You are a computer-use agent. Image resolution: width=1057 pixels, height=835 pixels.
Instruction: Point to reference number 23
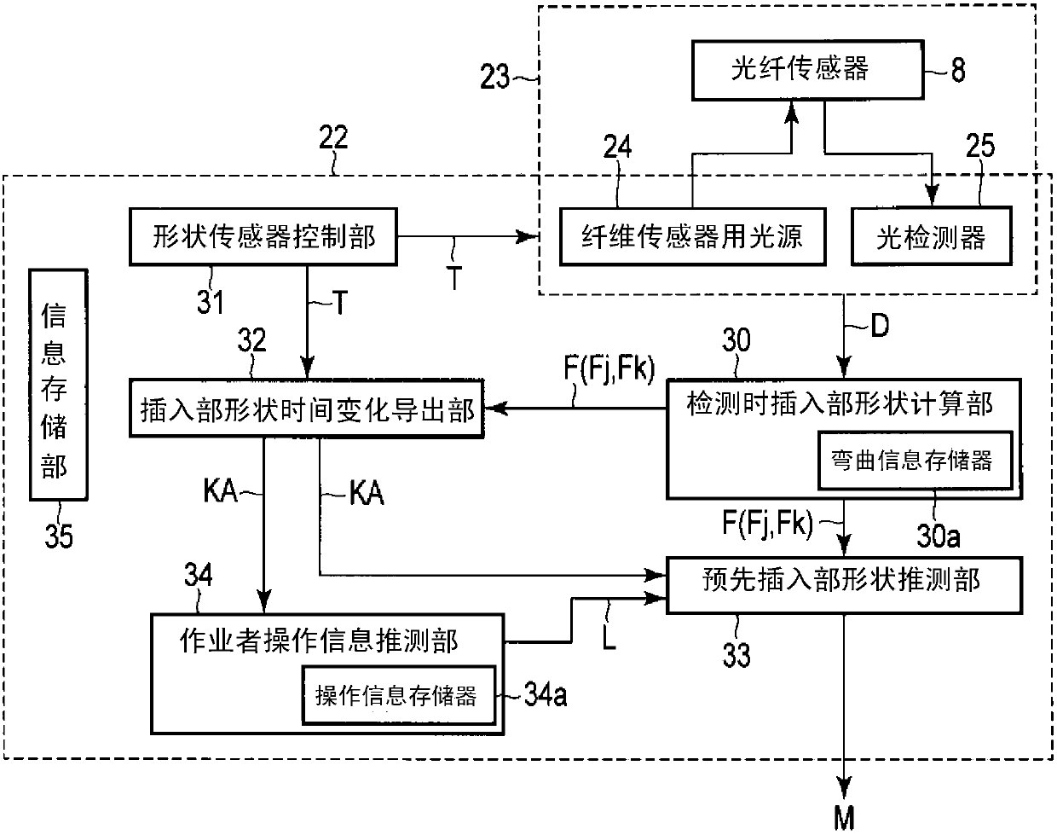(494, 77)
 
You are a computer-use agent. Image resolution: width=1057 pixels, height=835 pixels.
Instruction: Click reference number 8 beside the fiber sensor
(958, 70)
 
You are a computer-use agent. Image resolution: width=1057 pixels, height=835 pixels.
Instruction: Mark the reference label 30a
(939, 536)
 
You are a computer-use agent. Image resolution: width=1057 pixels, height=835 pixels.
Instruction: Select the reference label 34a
(546, 695)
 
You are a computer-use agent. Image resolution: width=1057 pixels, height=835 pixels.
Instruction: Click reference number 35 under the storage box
(59, 536)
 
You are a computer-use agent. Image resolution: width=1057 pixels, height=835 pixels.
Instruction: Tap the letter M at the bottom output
(845, 820)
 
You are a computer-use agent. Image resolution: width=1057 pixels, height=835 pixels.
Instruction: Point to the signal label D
(880, 325)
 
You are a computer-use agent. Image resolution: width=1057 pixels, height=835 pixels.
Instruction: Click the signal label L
(609, 639)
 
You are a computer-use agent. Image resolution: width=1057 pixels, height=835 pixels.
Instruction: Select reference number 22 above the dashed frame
(333, 137)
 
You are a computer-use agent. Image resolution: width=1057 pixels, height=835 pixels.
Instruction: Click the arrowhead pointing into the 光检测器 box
(932, 195)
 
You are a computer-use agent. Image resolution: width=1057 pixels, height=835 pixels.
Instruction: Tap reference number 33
(736, 655)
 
